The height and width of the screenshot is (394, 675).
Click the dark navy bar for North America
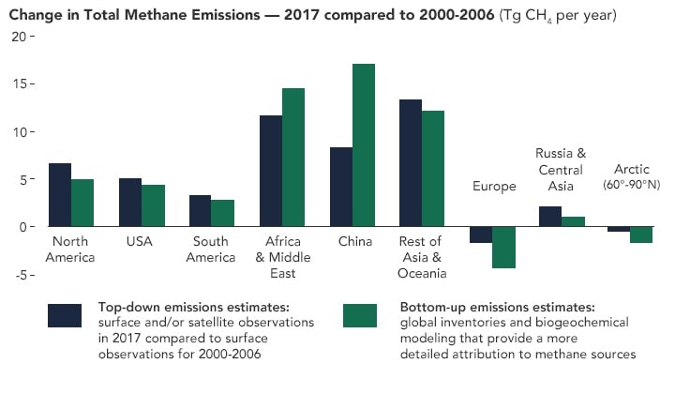pyautogui.click(x=60, y=195)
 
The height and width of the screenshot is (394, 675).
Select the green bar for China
pyautogui.click(x=364, y=145)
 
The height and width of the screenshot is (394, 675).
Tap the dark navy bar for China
pyautogui.click(x=340, y=187)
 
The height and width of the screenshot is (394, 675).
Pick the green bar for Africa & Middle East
pyautogui.click(x=293, y=158)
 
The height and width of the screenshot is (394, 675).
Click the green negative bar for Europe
pyautogui.click(x=503, y=248)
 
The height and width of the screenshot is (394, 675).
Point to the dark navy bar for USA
pyautogui.click(x=130, y=203)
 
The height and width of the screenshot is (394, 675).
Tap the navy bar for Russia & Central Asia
pyautogui.click(x=550, y=217)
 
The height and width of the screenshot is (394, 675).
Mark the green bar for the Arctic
pyautogui.click(x=641, y=235)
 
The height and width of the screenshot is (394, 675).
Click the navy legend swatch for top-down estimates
pyautogui.click(x=65, y=315)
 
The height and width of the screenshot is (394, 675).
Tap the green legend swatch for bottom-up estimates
pyautogui.click(x=360, y=315)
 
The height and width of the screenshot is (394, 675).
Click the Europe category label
pyautogui.click(x=494, y=187)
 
